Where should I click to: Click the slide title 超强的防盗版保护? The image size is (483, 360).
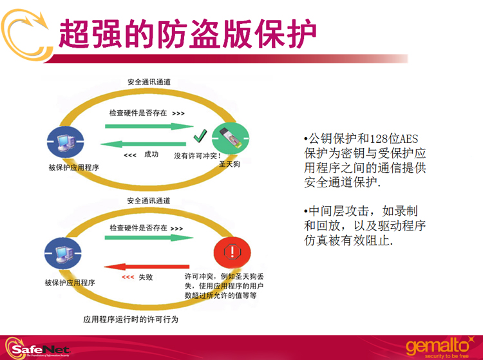tap(187, 33)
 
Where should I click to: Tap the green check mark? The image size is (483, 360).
tap(200, 136)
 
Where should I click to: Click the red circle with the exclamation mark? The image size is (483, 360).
tap(232, 252)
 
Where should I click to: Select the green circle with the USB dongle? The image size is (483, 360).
tap(231, 138)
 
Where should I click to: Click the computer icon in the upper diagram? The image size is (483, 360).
tap(65, 142)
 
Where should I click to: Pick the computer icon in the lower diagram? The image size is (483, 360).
tap(63, 253)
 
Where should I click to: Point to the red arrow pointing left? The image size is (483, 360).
tap(147, 267)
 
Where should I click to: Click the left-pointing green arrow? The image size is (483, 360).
tap(143, 144)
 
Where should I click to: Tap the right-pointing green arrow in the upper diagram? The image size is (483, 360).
tap(149, 126)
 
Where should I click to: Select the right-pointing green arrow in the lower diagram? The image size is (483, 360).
tap(149, 238)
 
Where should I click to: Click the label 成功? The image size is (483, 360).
tap(151, 155)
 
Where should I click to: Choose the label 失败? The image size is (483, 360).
tap(146, 277)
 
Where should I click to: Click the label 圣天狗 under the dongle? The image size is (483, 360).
tap(229, 164)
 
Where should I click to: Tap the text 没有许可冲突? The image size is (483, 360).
tap(198, 156)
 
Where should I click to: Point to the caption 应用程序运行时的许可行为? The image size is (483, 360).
tap(131, 319)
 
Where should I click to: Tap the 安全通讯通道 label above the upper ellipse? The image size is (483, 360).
tap(149, 82)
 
